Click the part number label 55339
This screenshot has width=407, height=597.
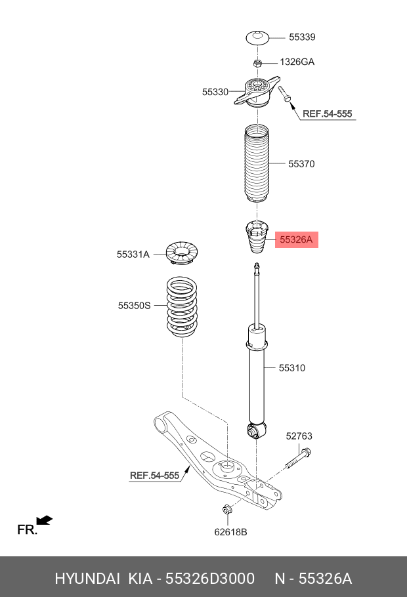click(x=302, y=37)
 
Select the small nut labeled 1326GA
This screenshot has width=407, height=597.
click(x=259, y=63)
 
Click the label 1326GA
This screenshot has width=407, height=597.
click(x=297, y=62)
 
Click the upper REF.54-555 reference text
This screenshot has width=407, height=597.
click(x=327, y=114)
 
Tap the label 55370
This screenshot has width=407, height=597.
click(x=301, y=164)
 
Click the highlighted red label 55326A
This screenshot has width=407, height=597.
click(x=296, y=240)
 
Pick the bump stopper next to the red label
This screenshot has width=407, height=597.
click(x=257, y=240)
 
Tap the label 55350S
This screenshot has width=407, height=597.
click(x=135, y=305)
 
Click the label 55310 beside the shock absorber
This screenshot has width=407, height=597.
click(x=292, y=368)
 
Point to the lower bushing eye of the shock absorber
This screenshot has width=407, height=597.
click(x=256, y=431)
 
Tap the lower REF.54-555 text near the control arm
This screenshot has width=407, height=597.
click(x=154, y=476)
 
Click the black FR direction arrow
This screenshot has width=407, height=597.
click(x=44, y=521)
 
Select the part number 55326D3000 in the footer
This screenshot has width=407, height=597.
click(x=210, y=579)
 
